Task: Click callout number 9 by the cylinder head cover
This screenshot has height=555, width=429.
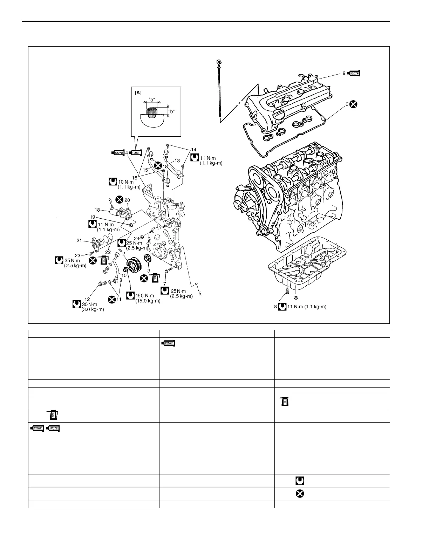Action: click(x=344, y=73)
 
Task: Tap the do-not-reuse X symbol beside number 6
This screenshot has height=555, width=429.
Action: click(x=354, y=104)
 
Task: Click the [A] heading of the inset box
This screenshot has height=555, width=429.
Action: click(x=138, y=93)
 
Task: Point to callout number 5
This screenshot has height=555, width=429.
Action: click(x=200, y=294)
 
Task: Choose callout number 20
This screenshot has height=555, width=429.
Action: click(x=127, y=200)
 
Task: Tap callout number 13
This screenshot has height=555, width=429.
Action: click(x=177, y=160)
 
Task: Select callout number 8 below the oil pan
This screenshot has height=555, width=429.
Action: click(x=276, y=307)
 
